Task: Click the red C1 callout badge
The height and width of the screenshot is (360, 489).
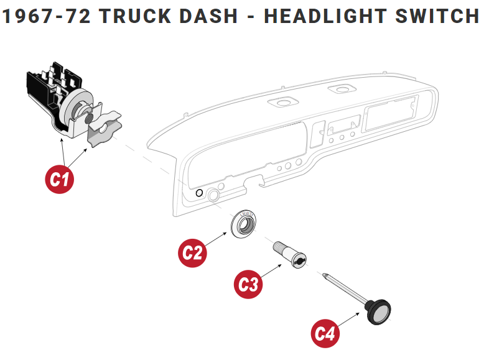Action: click(x=60, y=179)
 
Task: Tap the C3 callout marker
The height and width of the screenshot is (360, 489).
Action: click(x=249, y=284)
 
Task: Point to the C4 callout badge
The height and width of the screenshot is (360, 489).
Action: click(x=326, y=333)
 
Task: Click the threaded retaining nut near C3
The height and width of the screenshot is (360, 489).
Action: click(x=289, y=256)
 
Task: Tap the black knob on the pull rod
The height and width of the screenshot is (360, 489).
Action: click(x=378, y=310)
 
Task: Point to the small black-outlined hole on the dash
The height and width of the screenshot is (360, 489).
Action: click(x=198, y=193)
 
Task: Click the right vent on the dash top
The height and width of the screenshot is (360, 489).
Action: click(x=339, y=90)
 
